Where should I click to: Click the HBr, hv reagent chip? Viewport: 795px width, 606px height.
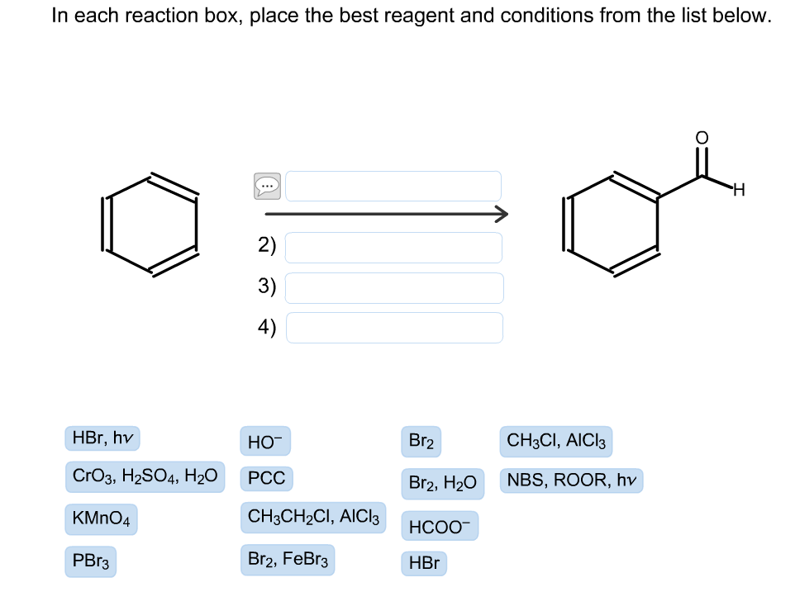[102, 438]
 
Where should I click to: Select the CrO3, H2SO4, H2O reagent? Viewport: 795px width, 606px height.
[145, 476]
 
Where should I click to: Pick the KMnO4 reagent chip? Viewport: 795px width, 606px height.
[101, 519]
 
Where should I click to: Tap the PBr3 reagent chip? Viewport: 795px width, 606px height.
[90, 561]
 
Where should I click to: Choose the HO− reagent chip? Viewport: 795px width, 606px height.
[265, 442]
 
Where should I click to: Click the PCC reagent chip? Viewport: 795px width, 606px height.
[266, 478]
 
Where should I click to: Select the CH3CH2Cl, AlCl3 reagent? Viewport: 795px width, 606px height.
[313, 518]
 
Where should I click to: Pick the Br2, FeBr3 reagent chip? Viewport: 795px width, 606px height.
[288, 560]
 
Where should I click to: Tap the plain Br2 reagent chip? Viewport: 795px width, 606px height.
[421, 442]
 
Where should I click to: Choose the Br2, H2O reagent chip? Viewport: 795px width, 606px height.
[442, 483]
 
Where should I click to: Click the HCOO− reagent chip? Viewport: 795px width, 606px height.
[439, 526]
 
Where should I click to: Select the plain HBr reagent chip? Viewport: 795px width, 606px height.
[424, 564]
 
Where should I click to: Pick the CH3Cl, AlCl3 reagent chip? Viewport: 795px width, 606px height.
[555, 442]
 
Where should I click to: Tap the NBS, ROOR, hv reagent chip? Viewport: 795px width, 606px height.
[571, 481]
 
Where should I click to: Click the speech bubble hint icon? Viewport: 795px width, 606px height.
[267, 186]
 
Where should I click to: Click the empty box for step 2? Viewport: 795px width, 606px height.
[393, 247]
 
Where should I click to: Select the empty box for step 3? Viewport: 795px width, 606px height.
[393, 287]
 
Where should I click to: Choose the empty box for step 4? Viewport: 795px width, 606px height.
[393, 328]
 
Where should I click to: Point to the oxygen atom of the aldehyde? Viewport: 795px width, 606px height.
[701, 137]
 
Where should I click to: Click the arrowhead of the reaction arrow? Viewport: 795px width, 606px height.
[501, 215]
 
